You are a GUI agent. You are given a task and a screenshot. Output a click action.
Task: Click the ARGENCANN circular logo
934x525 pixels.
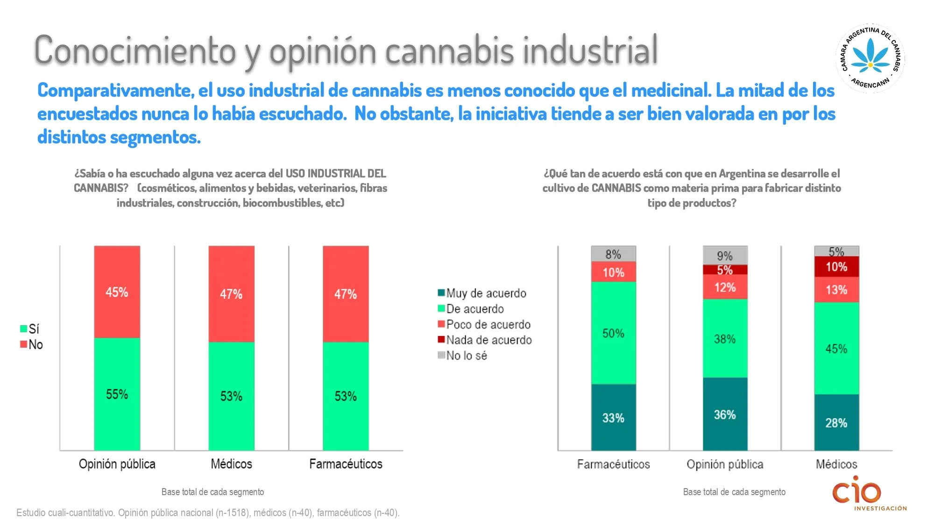(x=870, y=58)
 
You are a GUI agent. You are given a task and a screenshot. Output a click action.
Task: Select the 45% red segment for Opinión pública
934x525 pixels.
(x=117, y=292)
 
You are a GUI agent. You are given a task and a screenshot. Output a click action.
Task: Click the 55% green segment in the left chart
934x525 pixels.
(x=117, y=394)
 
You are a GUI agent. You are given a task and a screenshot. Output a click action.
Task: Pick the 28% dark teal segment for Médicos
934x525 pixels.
(x=836, y=423)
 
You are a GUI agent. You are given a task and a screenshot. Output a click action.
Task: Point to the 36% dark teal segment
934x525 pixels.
(x=725, y=414)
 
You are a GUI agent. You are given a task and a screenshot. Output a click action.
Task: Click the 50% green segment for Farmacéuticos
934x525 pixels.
(x=613, y=333)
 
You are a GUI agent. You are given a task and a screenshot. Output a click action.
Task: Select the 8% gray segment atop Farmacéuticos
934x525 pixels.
(x=613, y=254)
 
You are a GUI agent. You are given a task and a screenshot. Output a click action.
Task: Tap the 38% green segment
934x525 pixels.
(x=725, y=339)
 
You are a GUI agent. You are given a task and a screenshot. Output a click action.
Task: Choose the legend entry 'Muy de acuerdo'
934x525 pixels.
(x=486, y=293)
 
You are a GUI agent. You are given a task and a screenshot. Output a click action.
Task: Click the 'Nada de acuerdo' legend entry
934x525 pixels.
(x=488, y=340)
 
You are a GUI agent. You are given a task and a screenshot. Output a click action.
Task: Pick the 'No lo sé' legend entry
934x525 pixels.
(x=466, y=356)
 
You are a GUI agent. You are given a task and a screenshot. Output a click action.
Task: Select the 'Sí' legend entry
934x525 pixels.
(x=33, y=329)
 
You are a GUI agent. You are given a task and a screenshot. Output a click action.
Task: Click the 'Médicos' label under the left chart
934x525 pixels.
(x=231, y=464)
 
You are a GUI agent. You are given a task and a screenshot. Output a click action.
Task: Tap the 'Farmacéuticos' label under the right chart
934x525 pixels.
(x=613, y=464)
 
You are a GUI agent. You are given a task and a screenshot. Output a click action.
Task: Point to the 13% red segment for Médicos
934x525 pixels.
(x=836, y=290)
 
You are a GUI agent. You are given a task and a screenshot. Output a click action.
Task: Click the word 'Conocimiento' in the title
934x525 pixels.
(x=135, y=50)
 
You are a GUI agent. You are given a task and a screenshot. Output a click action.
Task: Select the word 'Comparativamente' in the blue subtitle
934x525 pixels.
(x=115, y=91)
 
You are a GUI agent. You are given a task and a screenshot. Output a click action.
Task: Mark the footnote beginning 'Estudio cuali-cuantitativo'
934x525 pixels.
(x=208, y=512)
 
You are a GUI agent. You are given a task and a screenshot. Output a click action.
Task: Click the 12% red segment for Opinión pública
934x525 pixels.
(x=725, y=287)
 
